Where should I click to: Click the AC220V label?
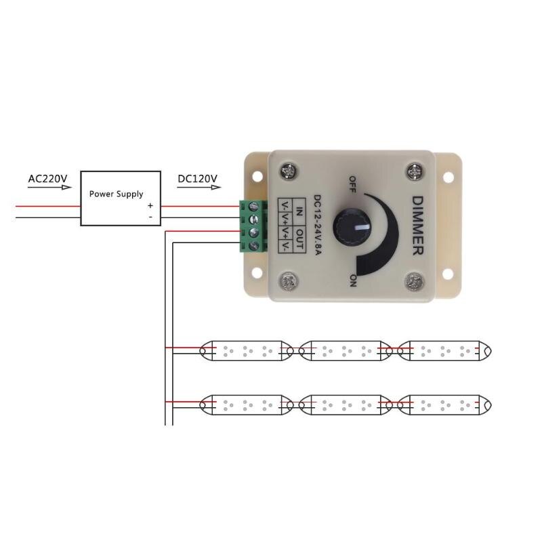[48, 179]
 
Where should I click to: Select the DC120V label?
[197, 179]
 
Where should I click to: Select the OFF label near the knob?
[352, 184]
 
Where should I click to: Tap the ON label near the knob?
[353, 280]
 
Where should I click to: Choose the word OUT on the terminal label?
[300, 237]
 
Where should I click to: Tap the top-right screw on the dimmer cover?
[415, 171]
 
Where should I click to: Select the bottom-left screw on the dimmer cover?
[290, 279]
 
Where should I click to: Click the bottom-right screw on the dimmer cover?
[413, 279]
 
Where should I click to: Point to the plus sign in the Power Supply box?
[150, 205]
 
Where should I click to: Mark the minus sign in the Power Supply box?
[150, 217]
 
